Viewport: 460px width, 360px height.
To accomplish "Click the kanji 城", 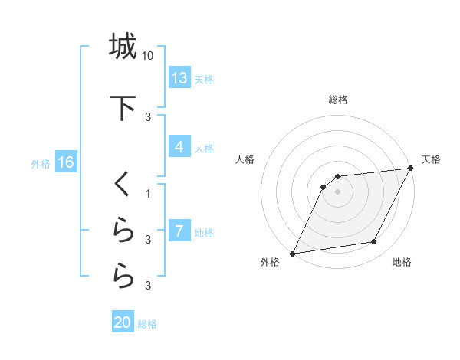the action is (x=123, y=47).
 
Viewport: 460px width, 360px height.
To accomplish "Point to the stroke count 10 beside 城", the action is (x=149, y=56).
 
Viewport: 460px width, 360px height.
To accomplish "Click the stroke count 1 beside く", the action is (x=148, y=193).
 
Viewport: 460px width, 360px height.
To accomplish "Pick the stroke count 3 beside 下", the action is (x=148, y=116).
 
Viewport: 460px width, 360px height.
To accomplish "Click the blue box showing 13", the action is (x=179, y=78).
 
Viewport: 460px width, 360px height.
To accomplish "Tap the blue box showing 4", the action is (x=179, y=147).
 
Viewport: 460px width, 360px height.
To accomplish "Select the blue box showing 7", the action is (x=179, y=231).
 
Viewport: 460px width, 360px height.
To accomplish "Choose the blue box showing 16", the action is (x=65, y=162).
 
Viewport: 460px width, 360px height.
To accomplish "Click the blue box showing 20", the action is (x=123, y=322).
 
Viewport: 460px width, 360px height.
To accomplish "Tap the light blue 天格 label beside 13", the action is (x=204, y=80).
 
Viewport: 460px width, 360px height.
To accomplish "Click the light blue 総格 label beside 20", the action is (x=147, y=324).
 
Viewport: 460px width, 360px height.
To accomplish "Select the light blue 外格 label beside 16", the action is (x=41, y=163).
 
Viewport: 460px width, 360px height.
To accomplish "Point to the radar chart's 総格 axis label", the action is (x=338, y=100).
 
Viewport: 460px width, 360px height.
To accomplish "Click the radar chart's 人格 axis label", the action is (x=245, y=159).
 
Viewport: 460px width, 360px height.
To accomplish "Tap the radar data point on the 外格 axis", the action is (x=293, y=253).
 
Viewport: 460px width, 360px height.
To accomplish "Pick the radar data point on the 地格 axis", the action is (x=374, y=242).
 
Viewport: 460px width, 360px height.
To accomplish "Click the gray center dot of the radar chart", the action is (x=337, y=191).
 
